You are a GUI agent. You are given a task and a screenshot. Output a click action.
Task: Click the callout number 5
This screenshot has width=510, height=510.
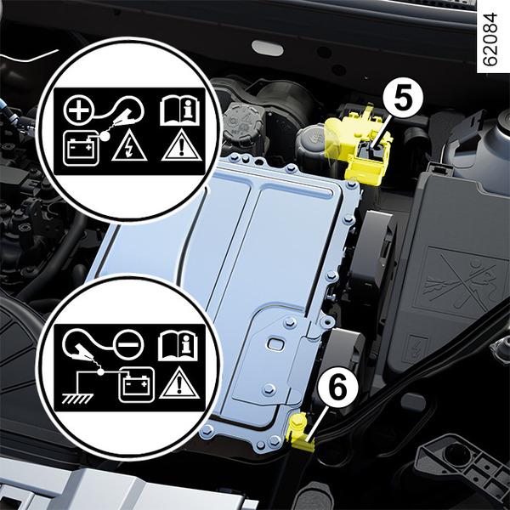tap(403, 99)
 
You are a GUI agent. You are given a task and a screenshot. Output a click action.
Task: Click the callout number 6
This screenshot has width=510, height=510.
tap(338, 388)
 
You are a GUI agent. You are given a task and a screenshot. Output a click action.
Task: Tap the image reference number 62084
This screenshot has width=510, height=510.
tap(490, 39)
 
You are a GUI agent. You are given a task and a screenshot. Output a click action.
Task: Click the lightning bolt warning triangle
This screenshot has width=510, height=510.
tap(129, 145)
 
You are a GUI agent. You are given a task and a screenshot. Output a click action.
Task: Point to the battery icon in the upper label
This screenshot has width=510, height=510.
tap(82, 148)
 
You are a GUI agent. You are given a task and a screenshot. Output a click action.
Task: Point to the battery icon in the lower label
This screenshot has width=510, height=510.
tap(137, 385)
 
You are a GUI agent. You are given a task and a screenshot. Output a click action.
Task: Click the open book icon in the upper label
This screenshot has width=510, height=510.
tap(179, 110)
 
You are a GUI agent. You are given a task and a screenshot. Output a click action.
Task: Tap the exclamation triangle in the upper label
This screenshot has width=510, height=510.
tap(182, 145)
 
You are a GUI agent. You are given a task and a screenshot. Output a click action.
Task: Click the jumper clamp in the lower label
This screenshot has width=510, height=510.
tap(82, 359)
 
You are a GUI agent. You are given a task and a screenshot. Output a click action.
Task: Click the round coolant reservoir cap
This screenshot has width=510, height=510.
tap(244, 122)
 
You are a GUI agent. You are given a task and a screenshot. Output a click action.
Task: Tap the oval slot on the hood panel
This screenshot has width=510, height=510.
tap(268, 48)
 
